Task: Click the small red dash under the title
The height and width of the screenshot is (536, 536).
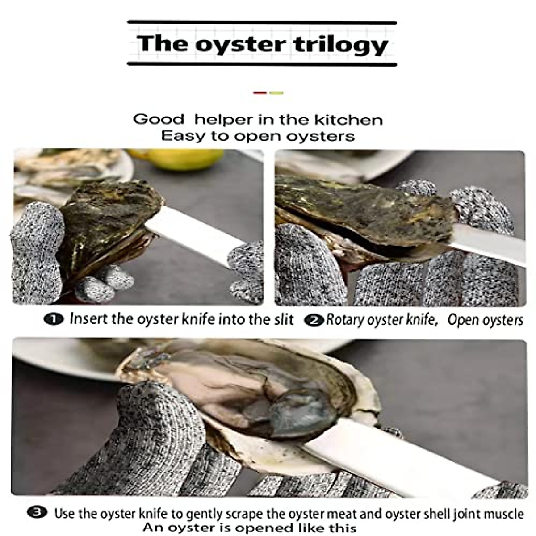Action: pyautogui.click(x=260, y=93)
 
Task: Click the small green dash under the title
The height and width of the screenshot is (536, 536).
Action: pyautogui.click(x=276, y=93)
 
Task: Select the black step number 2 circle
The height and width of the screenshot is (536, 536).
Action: pyautogui.click(x=314, y=320)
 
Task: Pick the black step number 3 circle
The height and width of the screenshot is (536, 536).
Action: pyautogui.click(x=37, y=512)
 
